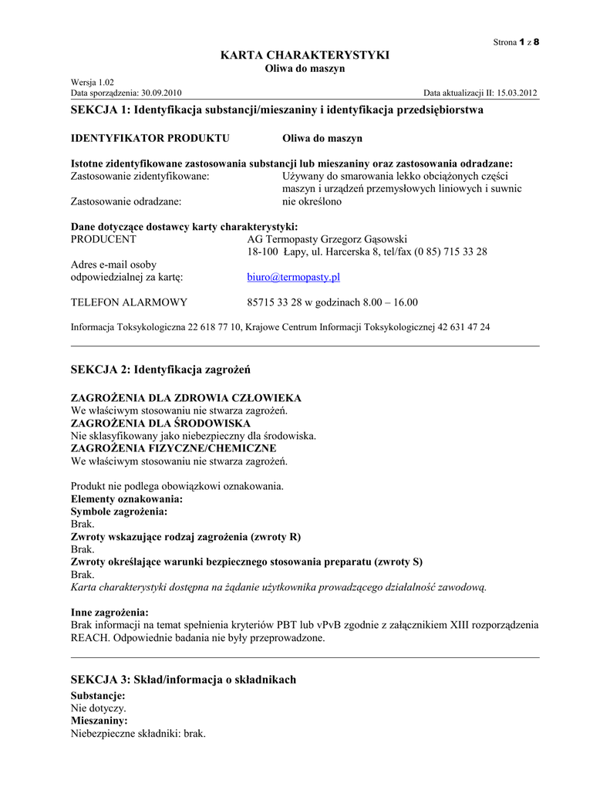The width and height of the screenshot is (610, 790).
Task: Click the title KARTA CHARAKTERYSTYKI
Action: [305, 55]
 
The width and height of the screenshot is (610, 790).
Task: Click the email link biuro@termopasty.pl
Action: [293, 277]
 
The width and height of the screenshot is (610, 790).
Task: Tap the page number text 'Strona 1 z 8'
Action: [516, 42]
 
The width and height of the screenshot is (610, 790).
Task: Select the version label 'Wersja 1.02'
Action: [93, 82]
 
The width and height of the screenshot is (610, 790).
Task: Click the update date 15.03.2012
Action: [511, 93]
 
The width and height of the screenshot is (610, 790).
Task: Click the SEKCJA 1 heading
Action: [277, 110]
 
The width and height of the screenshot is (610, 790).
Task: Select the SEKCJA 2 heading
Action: [161, 370]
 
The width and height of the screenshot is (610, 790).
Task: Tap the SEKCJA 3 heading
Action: [184, 680]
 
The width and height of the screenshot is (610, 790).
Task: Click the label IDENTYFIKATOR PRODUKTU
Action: [150, 138]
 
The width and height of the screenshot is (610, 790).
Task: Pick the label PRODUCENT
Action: [103, 239]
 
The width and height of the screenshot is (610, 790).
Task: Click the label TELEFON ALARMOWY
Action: [129, 302]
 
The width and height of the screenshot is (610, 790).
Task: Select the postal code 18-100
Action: [263, 252]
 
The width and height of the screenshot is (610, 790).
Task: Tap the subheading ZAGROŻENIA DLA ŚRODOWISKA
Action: [160, 424]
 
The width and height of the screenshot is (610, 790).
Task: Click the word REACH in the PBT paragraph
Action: [89, 638]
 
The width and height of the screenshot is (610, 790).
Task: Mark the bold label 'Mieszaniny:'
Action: [99, 720]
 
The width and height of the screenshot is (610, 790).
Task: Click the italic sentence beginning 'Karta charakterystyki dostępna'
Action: [279, 587]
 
